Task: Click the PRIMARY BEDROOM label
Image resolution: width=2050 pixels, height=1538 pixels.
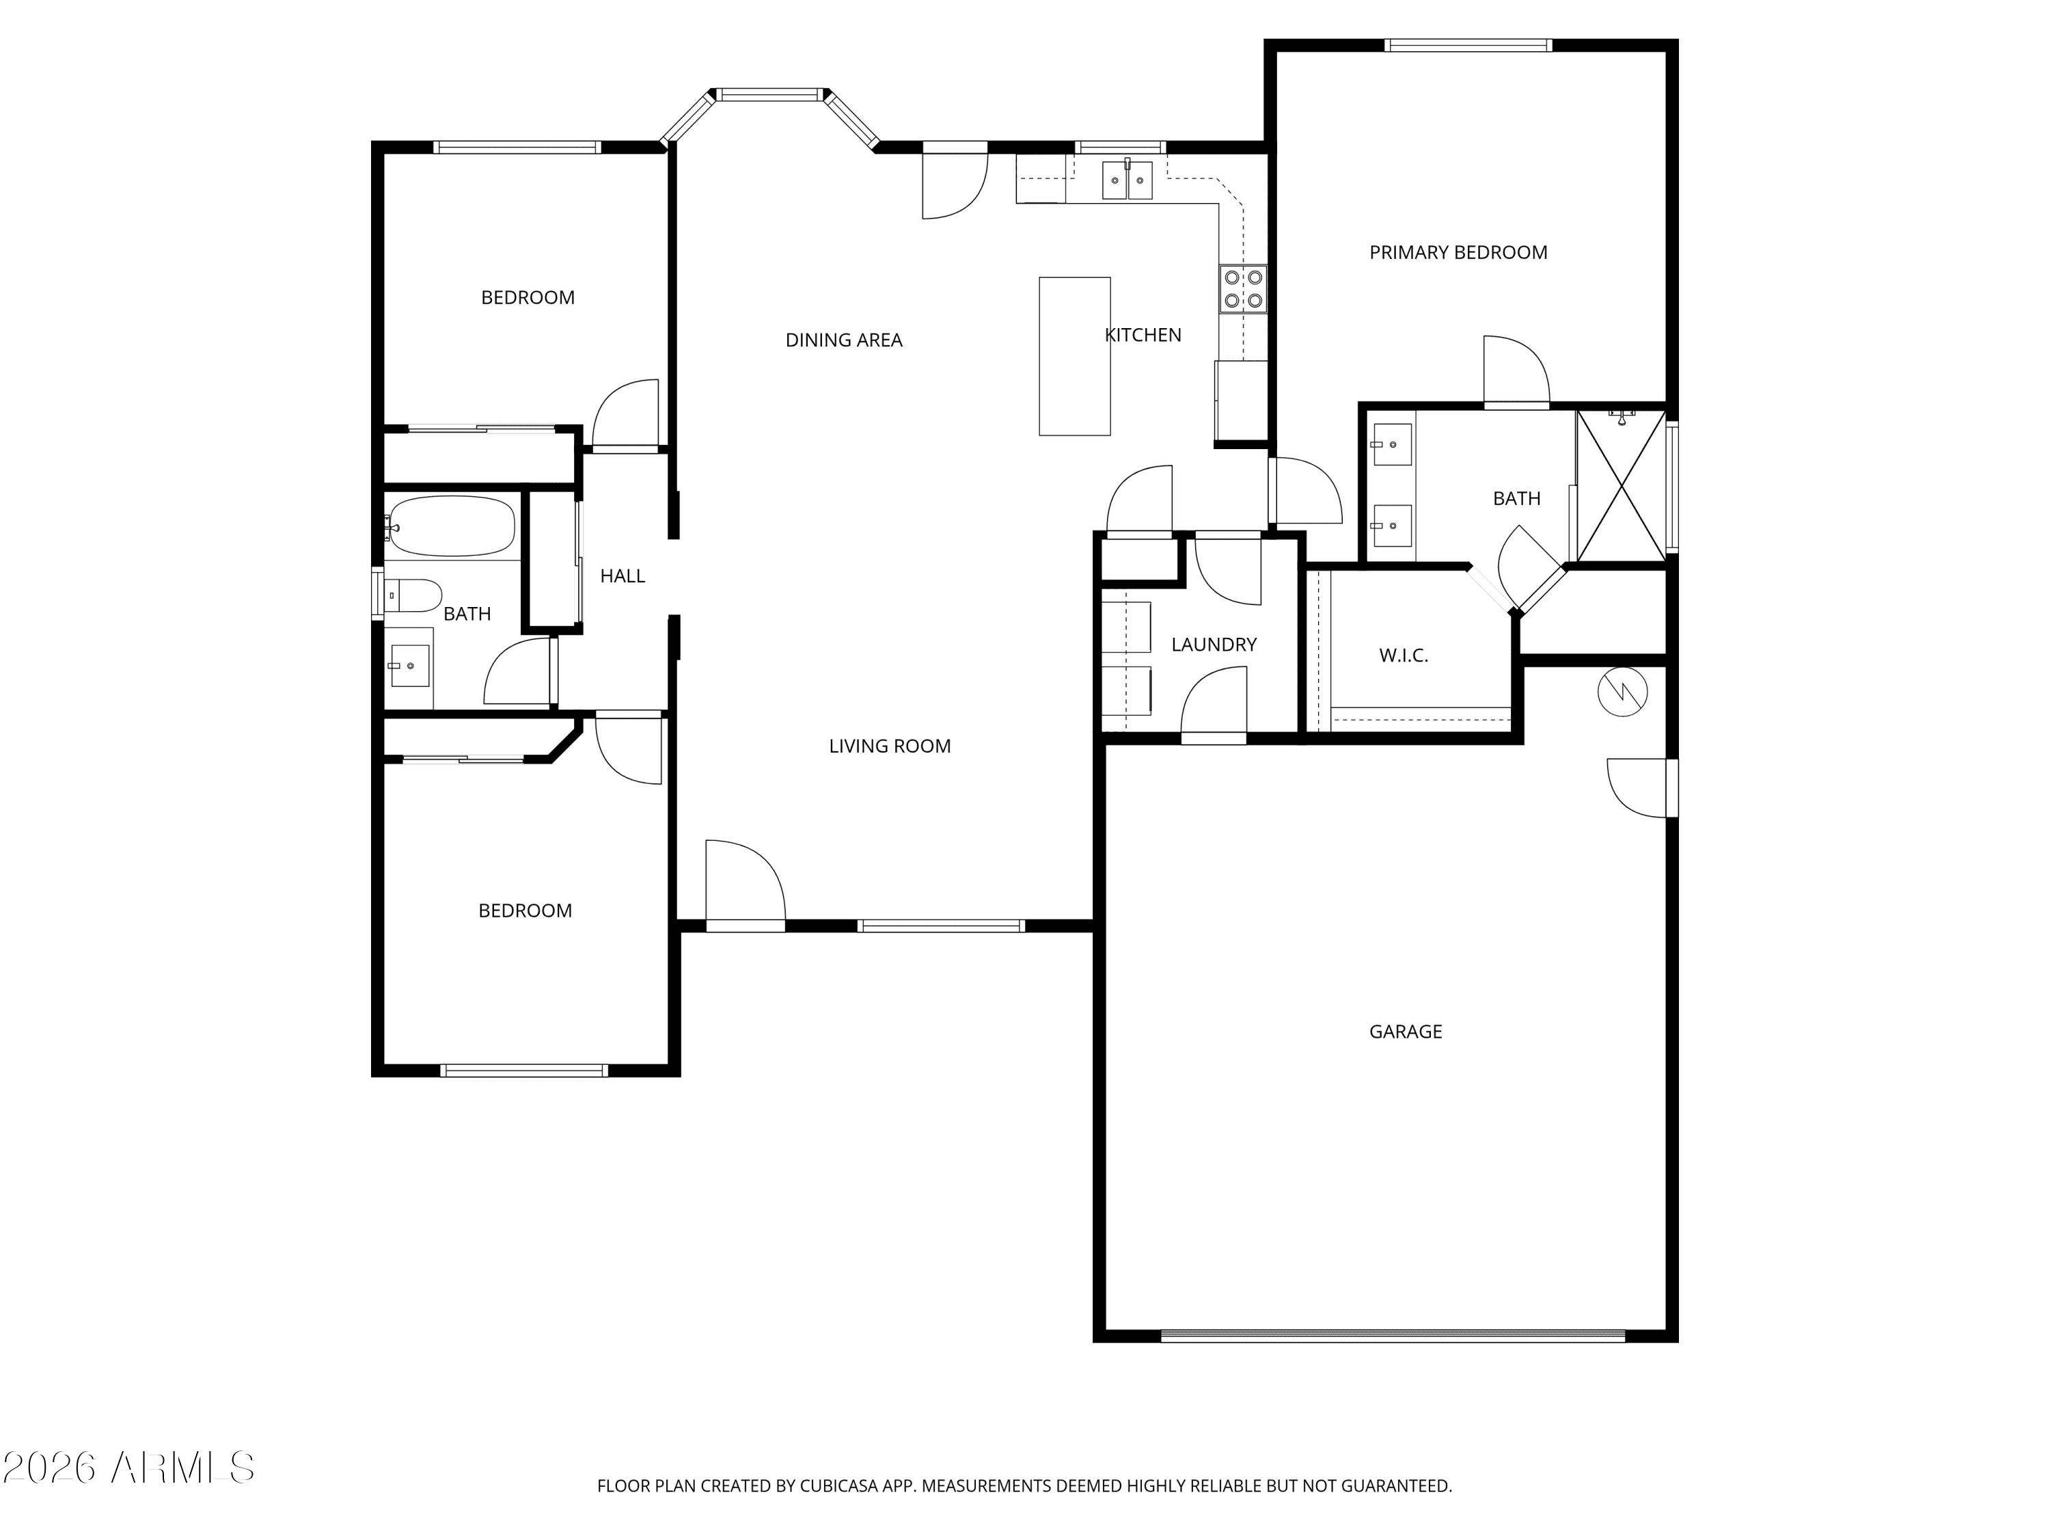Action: pos(1458,252)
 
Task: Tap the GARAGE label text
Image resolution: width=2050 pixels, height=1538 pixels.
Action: pos(1405,1031)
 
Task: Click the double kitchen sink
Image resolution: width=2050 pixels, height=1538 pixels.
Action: pos(1127,180)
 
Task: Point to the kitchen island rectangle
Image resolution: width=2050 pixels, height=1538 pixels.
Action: pos(1074,356)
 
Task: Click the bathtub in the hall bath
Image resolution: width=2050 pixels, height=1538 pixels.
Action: pos(450,526)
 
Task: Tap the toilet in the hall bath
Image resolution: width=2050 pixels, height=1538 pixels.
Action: pos(413,595)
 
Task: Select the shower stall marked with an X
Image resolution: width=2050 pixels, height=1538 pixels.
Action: pos(1621,486)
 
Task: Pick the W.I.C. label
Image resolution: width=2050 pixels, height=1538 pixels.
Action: pos(1403,656)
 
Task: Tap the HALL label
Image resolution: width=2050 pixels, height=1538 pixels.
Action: pos(622,576)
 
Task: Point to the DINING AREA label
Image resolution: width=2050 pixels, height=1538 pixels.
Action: pos(843,340)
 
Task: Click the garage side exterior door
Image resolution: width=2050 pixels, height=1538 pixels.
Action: pos(1642,788)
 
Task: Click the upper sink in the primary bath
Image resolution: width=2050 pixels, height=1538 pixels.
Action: pos(1391,444)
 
